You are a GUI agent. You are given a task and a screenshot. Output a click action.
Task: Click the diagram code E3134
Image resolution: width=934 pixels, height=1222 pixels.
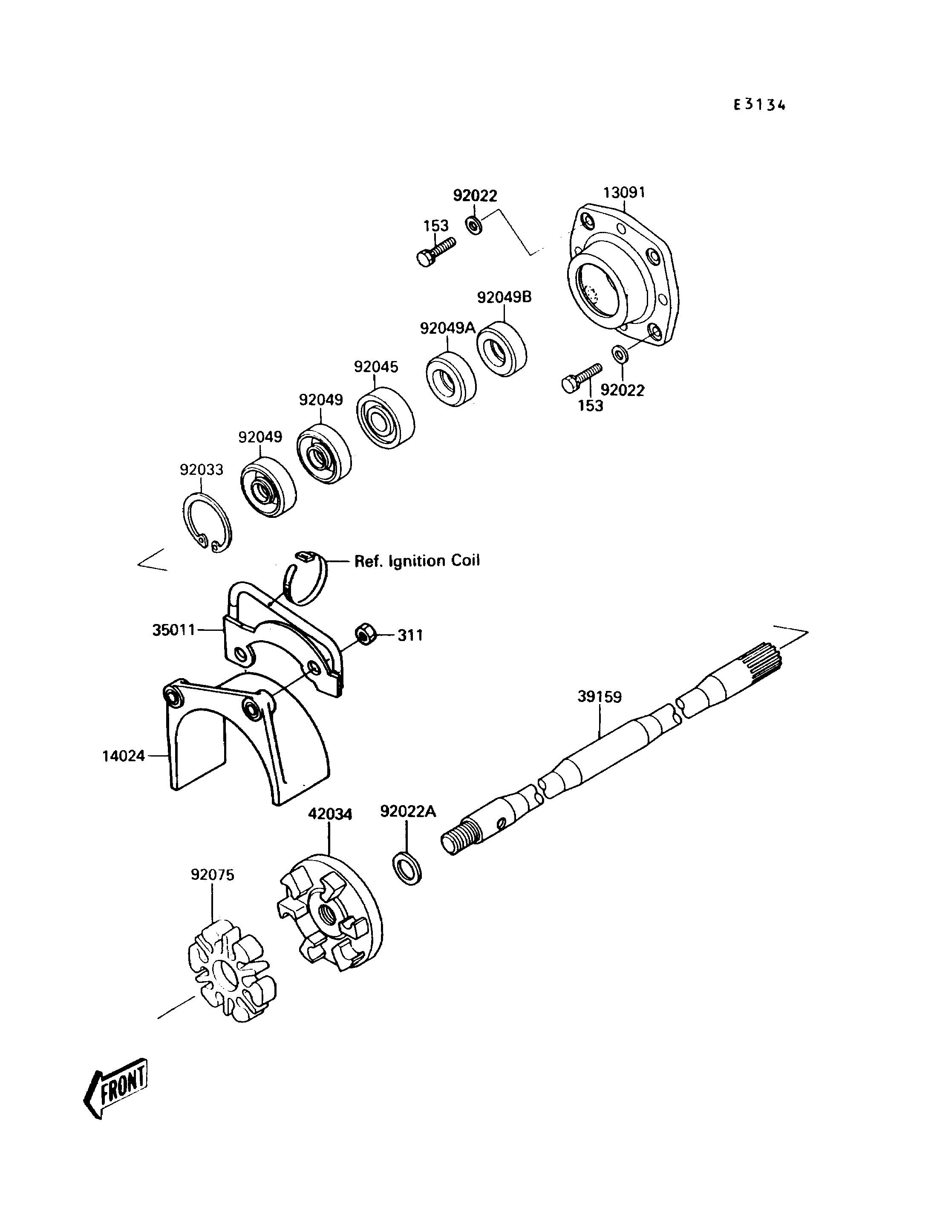point(759,105)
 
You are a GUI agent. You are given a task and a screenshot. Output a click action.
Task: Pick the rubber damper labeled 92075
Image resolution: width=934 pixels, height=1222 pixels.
point(231,970)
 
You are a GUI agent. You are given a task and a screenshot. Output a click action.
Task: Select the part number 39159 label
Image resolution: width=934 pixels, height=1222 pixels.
point(600,696)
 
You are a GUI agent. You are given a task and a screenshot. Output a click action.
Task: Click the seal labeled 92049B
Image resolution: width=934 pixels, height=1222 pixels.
point(502,348)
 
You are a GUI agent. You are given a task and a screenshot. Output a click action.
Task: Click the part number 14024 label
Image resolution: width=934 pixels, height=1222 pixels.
point(124,756)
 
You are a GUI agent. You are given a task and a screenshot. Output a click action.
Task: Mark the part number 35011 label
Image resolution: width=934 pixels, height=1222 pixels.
point(174,630)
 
